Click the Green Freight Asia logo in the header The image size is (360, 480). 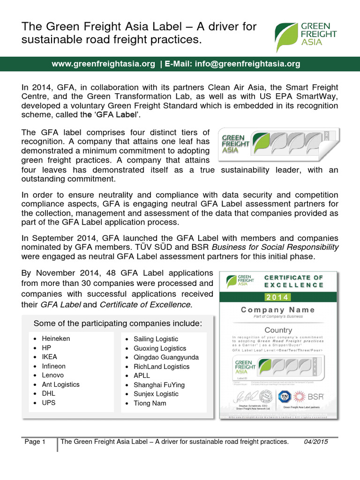click(x=306, y=35)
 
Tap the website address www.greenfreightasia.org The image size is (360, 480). click(x=103, y=64)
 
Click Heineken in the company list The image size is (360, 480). click(x=56, y=338)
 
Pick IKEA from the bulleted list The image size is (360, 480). click(x=50, y=357)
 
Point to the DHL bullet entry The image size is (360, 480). click(x=49, y=393)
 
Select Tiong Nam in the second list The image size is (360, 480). click(x=150, y=403)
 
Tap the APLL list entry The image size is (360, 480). click(x=142, y=375)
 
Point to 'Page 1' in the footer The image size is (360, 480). click(x=35, y=442)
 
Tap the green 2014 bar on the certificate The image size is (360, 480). click(x=278, y=297)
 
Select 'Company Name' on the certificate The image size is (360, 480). click(x=278, y=310)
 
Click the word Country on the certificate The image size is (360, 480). click(x=278, y=330)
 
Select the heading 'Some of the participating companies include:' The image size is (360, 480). click(x=118, y=323)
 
